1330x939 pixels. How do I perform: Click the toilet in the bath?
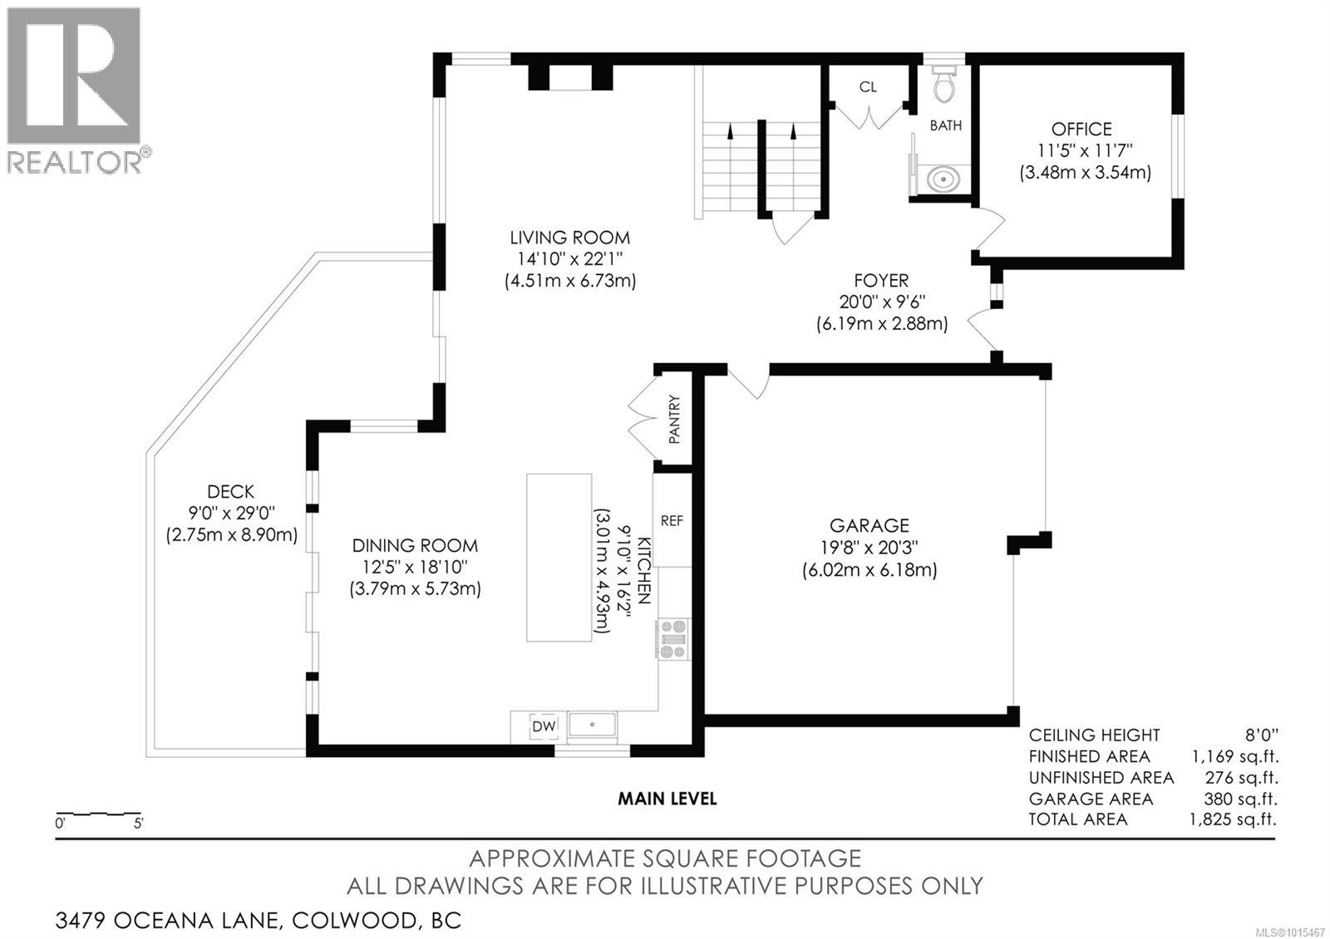point(943,84)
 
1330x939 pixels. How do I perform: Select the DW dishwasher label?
point(544,726)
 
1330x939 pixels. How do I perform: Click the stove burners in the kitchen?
point(672,639)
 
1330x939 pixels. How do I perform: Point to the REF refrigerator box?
point(672,520)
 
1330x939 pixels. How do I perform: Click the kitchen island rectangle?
point(559,557)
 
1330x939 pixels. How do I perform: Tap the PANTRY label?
point(674,419)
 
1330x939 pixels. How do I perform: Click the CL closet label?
point(868,86)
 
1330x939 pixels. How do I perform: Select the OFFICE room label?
point(1081,129)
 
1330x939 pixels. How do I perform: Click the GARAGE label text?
point(869,525)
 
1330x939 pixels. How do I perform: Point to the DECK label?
point(231,492)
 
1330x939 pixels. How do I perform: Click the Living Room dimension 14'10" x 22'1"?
point(569,259)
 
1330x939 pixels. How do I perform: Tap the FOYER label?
point(881,281)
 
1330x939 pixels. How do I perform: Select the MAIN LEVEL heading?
point(667,799)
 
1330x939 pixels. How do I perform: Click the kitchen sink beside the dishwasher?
point(592,725)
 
